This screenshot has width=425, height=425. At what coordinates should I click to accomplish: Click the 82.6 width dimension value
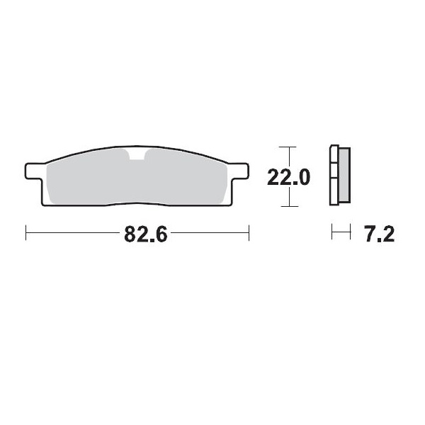click(x=145, y=234)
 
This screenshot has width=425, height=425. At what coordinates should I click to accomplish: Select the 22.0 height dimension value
click(x=288, y=177)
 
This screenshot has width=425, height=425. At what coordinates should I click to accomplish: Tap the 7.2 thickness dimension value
click(x=378, y=234)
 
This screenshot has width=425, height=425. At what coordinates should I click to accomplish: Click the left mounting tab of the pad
click(x=33, y=171)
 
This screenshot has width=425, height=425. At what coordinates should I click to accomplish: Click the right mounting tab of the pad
click(x=240, y=171)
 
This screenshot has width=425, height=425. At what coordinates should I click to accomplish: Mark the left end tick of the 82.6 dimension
click(x=26, y=233)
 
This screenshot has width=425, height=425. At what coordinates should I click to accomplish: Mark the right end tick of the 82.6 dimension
click(x=249, y=233)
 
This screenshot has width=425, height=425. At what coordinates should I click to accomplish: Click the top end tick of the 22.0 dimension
click(x=285, y=147)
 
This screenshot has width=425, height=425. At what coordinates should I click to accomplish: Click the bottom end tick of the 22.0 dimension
click(x=285, y=206)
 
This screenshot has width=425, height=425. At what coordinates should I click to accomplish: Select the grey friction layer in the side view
click(x=344, y=175)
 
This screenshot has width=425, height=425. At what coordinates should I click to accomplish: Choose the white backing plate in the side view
click(x=334, y=175)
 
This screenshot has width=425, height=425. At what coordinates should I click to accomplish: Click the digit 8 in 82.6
click(x=130, y=234)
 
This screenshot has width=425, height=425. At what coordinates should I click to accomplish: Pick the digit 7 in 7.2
click(x=370, y=234)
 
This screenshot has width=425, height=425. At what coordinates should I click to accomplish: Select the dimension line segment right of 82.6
click(x=209, y=233)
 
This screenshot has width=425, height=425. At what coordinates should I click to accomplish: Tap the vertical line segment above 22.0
click(x=285, y=157)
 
